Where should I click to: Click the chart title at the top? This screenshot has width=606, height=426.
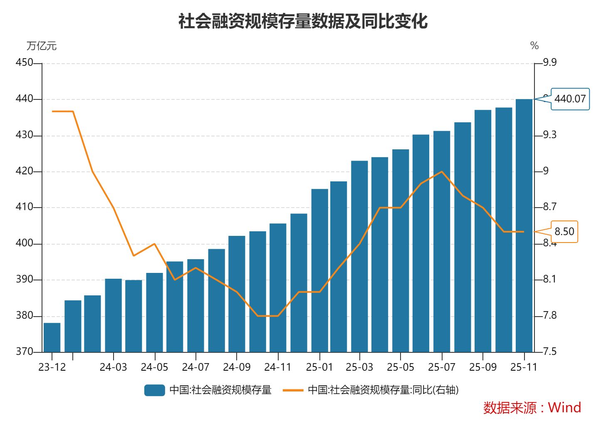coord(303,21)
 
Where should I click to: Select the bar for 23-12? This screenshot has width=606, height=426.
coord(52,337)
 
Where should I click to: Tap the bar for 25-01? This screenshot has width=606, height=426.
coord(319,270)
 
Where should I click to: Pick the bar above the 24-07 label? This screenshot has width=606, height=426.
coord(195,305)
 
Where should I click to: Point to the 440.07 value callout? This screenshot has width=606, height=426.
coord(570,99)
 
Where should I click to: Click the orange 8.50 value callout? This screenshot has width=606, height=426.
coord(564,232)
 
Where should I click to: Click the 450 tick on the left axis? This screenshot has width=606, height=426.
coord(24,63)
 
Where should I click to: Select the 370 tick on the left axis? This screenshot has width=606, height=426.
coord(24,352)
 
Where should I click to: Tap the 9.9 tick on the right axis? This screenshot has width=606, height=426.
coord(549,63)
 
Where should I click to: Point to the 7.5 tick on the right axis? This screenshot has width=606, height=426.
coord(549,352)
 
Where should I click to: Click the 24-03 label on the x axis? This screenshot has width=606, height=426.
coord(113,367)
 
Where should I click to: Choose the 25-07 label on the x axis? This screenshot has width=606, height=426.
coord(442,367)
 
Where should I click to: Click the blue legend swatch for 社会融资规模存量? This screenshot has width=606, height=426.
coord(155,390)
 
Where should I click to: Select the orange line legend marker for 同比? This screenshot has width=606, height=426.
coord(293,390)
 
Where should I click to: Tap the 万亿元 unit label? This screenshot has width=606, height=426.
coord(42,46)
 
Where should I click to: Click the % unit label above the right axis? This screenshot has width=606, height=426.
coord(534,46)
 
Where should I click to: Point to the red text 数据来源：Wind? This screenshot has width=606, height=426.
coord(532,407)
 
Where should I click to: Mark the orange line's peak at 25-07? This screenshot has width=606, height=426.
coord(442,172)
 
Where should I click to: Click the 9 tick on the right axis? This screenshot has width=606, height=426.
coord(546,171)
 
